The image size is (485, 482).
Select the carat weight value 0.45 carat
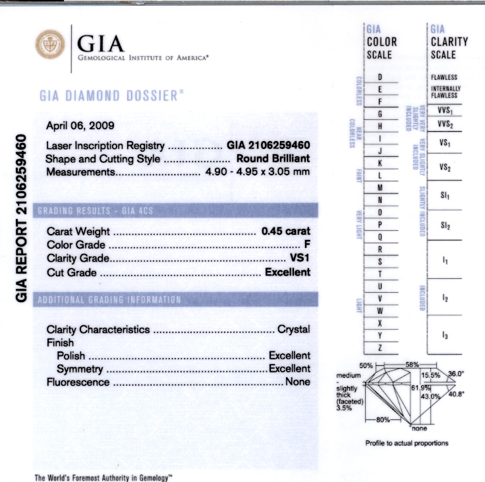point(285,231)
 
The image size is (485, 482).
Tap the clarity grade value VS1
point(300,259)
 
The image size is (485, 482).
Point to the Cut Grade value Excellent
point(287,272)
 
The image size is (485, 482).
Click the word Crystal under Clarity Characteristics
point(293,329)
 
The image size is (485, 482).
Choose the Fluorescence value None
point(297,382)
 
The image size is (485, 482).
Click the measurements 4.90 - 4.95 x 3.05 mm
point(256,172)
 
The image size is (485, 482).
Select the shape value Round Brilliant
point(273,159)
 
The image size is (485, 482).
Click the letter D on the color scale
point(380,78)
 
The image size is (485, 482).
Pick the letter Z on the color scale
point(380,347)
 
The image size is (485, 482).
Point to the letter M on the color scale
point(380,187)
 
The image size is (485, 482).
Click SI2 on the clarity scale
point(445,226)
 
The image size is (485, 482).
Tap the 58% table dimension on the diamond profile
point(413,365)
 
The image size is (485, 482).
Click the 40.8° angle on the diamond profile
point(457,394)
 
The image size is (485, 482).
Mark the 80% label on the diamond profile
point(382,419)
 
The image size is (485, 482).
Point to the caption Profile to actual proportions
point(407,443)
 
